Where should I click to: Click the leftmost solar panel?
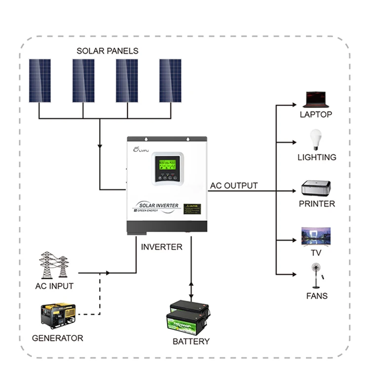[40, 80]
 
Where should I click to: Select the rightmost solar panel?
[170, 80]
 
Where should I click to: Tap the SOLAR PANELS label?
[108, 51]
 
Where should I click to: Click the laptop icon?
[316, 99]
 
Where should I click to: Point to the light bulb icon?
[316, 140]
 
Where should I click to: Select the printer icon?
[316, 189]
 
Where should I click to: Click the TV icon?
[316, 237]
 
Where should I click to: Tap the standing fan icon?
[316, 276]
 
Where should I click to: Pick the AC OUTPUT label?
[234, 186]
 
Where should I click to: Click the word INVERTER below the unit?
[162, 247]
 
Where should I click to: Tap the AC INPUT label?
[54, 286]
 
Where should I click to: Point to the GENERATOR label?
[57, 338]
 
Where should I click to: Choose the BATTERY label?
[191, 341]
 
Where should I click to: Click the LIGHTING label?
[317, 157]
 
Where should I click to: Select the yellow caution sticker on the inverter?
[192, 209]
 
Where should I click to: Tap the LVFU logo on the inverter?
[142, 150]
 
